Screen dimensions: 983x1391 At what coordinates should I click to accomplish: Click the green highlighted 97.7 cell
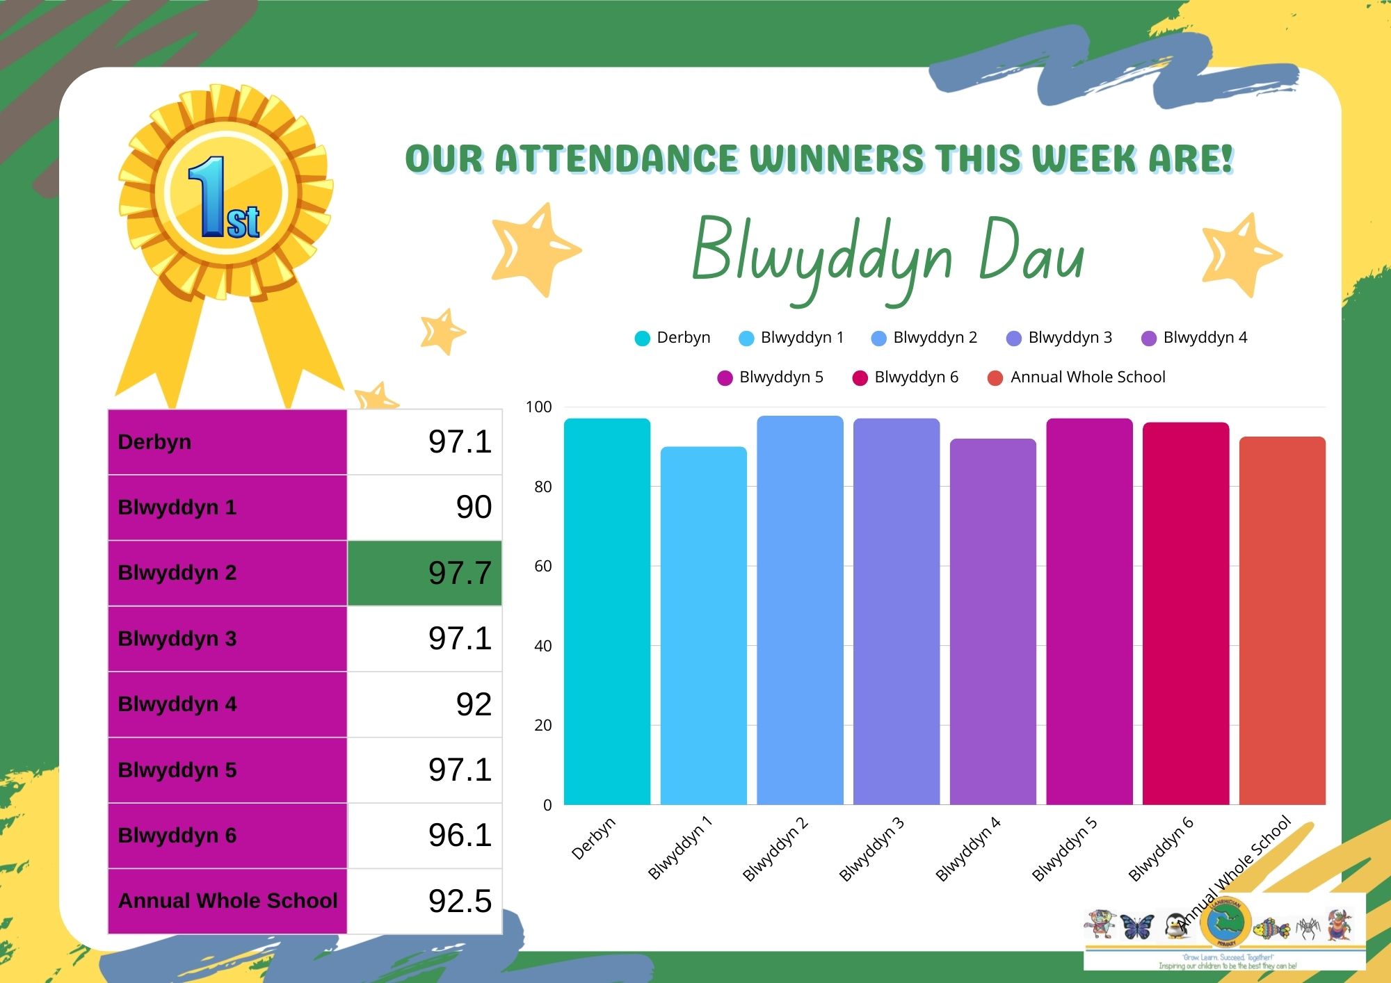424,573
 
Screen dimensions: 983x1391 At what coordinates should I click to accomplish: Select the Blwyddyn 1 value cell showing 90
424,507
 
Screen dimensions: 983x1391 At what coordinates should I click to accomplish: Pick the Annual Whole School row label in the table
227,901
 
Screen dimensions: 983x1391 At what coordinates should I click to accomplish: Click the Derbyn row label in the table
227,441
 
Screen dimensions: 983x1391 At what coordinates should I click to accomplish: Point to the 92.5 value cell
424,901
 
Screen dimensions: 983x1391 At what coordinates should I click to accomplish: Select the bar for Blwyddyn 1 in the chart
703,626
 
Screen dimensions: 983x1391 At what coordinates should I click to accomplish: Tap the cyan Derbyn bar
606,612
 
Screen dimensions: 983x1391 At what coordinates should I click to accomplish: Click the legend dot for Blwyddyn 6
860,377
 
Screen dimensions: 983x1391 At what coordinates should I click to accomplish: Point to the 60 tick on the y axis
542,566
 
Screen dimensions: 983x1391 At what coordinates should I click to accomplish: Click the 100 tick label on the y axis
538,407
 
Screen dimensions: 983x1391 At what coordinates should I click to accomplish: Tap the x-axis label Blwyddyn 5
1064,850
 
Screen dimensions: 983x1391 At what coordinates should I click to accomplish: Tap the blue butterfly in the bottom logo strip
1136,926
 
